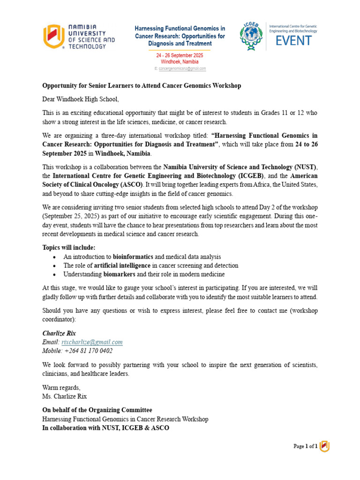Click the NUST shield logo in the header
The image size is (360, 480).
point(52,36)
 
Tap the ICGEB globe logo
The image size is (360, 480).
point(251,36)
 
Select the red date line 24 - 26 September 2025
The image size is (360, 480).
point(180,55)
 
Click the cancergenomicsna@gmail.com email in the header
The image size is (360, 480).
point(182,68)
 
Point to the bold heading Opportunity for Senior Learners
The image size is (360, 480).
point(142,85)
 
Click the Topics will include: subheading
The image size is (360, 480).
point(69,247)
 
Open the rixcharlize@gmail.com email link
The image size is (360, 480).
point(92,342)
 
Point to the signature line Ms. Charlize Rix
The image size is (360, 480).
point(65,396)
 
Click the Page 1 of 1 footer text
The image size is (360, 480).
point(305,446)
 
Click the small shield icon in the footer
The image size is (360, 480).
point(324,446)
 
